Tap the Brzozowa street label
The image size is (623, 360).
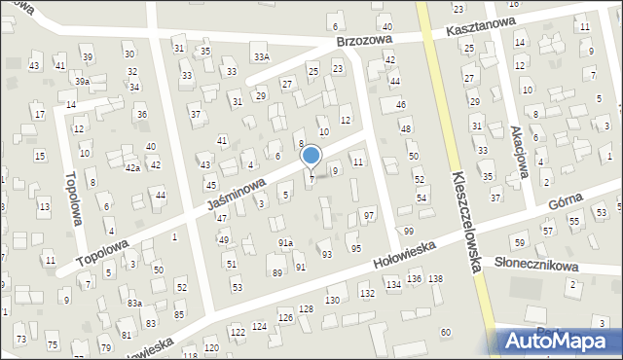[x=363, y=43]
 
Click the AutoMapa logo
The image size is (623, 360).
[x=562, y=341]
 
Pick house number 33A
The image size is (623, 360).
[x=262, y=57]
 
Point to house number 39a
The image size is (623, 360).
[x=83, y=82]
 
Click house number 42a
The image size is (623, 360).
[x=132, y=167]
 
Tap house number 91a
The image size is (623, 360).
[x=285, y=242]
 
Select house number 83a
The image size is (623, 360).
[x=134, y=304]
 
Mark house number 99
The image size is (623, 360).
[x=408, y=231]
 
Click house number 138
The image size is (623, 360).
[x=435, y=279]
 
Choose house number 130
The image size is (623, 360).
[x=332, y=300]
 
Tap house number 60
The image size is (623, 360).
[x=445, y=333]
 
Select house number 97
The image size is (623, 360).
[x=369, y=214]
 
